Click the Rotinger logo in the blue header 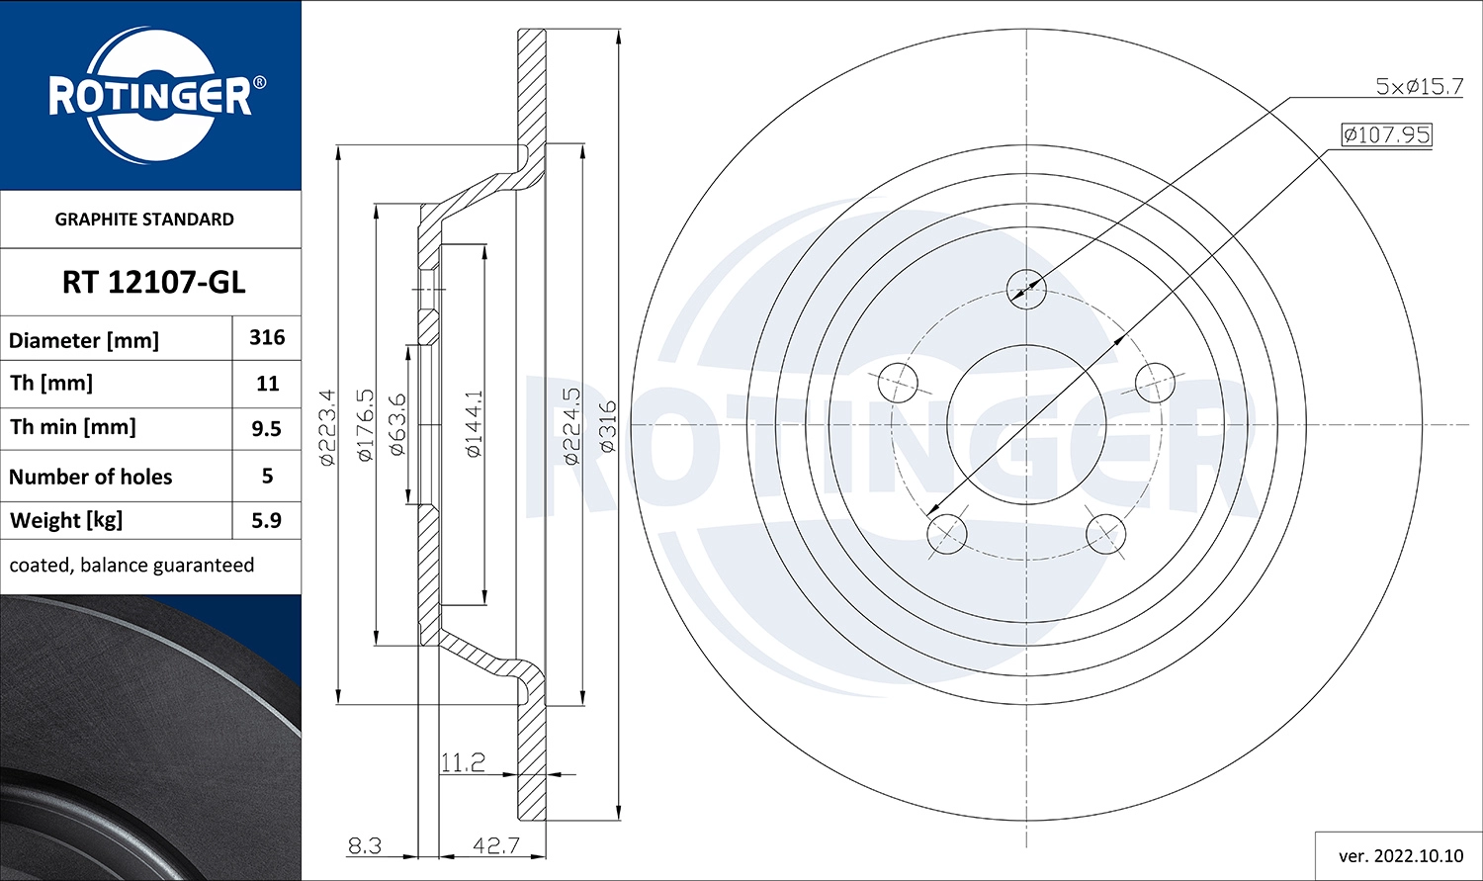coord(150,96)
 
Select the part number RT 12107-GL coord(153,283)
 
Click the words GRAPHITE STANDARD coord(144,220)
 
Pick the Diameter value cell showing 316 coord(267,338)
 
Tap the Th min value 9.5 coord(267,429)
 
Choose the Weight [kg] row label coord(66,520)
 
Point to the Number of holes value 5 coord(267,476)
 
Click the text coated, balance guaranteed coord(131,566)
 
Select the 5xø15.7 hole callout coord(1419,87)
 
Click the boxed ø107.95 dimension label coord(1386,134)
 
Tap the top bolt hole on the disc coord(1026,288)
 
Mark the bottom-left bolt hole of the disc coord(947,533)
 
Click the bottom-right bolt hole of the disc coord(1105,533)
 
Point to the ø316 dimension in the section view coord(607,426)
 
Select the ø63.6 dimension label coord(397,424)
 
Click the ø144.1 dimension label coord(474,424)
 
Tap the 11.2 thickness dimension coord(463,762)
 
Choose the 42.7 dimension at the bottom coord(495,845)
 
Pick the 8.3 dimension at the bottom coord(365,845)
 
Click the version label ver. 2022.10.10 coord(1400,855)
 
